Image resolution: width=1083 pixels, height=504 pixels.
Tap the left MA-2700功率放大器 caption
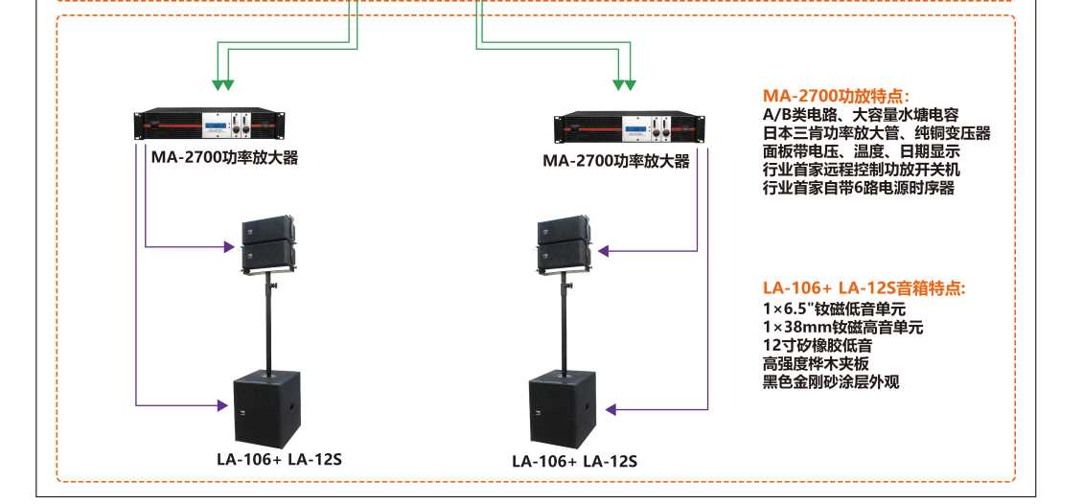[x=224, y=157]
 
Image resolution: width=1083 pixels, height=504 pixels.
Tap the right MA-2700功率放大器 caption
[x=616, y=161]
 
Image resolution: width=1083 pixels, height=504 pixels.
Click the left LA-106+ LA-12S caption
[x=279, y=458]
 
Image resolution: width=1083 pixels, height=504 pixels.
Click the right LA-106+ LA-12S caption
[x=574, y=461]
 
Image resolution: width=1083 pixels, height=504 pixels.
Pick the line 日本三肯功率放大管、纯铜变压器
[x=876, y=133]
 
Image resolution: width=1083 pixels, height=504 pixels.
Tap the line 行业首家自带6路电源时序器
[x=859, y=188]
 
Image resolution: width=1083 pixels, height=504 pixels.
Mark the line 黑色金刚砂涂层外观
[x=831, y=381]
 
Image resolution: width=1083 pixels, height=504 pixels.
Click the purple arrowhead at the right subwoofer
[x=611, y=410]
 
